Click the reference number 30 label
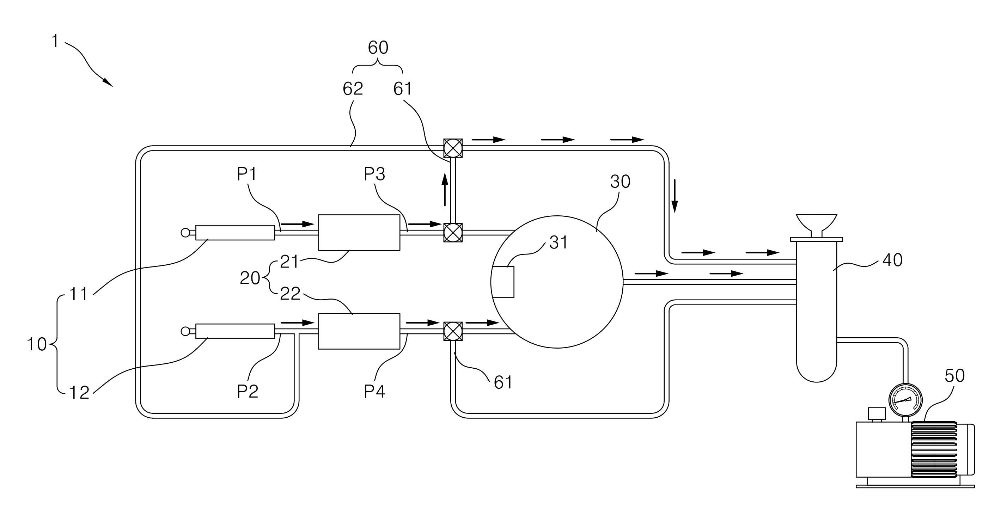pyautogui.click(x=620, y=182)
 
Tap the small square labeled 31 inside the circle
pyautogui.click(x=503, y=282)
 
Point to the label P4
pyautogui.click(x=374, y=391)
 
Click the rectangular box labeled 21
pyautogui.click(x=359, y=232)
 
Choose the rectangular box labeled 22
pyautogui.click(x=359, y=331)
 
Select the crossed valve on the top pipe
pyautogui.click(x=453, y=148)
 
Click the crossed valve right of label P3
pyautogui.click(x=453, y=233)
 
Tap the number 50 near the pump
pyautogui.click(x=954, y=376)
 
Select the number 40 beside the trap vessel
pyautogui.click(x=892, y=260)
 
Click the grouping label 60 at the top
pyautogui.click(x=378, y=48)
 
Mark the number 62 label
pyautogui.click(x=353, y=89)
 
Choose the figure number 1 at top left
pyautogui.click(x=55, y=41)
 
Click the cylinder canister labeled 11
pyautogui.click(x=235, y=233)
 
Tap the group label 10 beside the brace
pyautogui.click(x=36, y=344)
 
